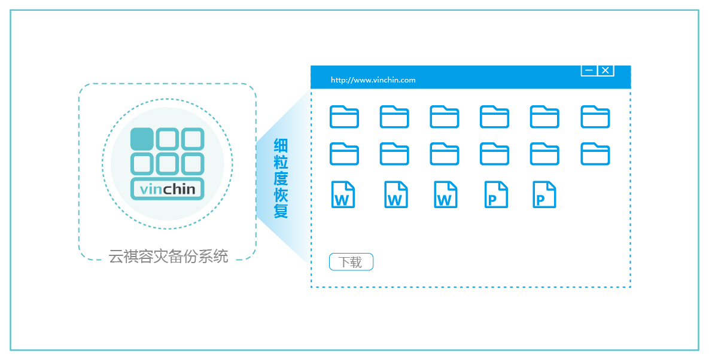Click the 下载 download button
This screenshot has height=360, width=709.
tap(351, 262)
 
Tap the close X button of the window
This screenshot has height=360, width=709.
tap(605, 71)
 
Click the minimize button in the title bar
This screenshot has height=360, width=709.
tap(589, 71)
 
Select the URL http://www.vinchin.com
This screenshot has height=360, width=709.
tap(373, 80)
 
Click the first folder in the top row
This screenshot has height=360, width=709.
tap(344, 117)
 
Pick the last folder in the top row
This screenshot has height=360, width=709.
tap(595, 117)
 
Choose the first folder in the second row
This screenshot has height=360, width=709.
tap(344, 154)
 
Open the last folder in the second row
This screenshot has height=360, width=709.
tap(595, 154)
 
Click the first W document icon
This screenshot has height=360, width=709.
tap(343, 195)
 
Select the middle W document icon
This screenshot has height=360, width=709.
tap(395, 195)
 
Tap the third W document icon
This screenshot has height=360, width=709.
tap(445, 195)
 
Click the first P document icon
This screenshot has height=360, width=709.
tap(496, 195)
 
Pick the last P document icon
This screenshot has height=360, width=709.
tap(544, 195)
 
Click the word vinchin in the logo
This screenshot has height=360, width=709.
tap(168, 190)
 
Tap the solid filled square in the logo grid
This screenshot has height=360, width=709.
tap(142, 139)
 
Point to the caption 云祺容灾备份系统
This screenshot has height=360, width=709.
tap(168, 257)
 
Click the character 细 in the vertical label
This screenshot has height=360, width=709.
tap(281, 145)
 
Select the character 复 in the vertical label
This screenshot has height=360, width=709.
tap(281, 211)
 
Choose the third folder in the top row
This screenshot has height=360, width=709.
tap(445, 117)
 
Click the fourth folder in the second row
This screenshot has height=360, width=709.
tap(495, 154)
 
